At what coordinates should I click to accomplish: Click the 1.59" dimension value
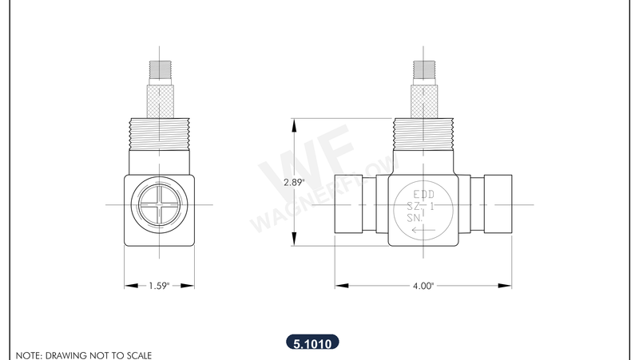pyautogui.click(x=159, y=285)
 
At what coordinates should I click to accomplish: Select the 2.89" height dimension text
pyautogui.click(x=295, y=182)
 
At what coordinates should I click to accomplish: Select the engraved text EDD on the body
pyautogui.click(x=423, y=194)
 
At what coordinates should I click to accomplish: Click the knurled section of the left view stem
pyautogui.click(x=159, y=101)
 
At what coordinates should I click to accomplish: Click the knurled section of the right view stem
pyautogui.click(x=423, y=101)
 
